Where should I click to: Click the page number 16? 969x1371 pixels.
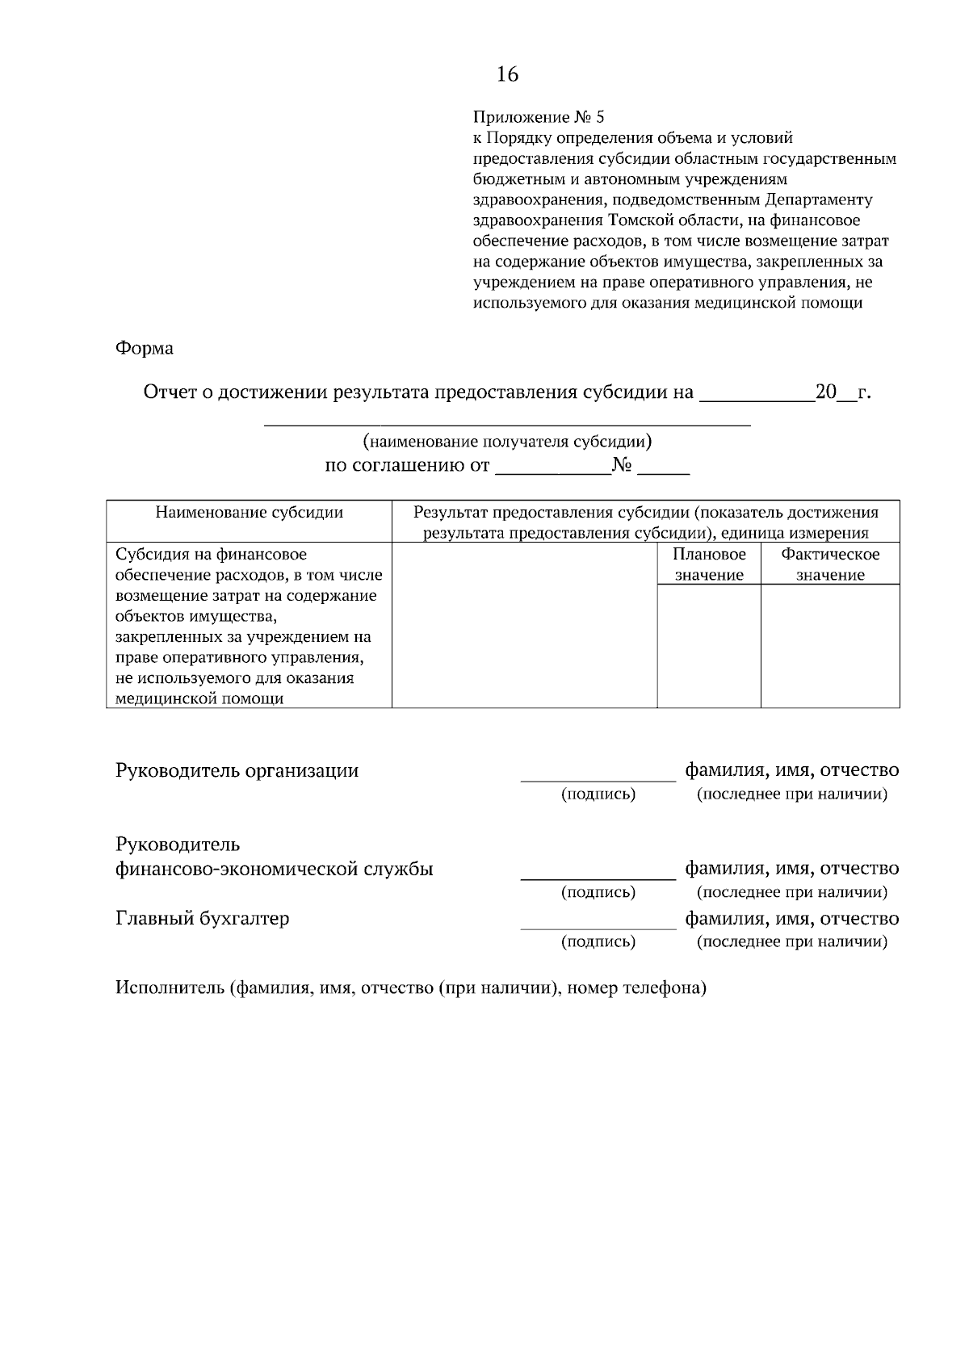click(507, 75)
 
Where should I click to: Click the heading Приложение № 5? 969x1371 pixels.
click(538, 117)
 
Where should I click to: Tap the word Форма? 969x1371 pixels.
click(145, 349)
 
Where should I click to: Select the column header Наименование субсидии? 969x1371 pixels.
click(249, 513)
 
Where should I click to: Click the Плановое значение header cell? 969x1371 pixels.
click(709, 564)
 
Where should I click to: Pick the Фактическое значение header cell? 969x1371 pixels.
click(830, 564)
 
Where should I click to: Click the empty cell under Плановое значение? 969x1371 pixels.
click(709, 646)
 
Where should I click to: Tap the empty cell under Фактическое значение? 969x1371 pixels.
click(830, 646)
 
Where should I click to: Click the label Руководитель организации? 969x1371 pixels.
click(237, 771)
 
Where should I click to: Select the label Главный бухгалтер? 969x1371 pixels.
click(203, 919)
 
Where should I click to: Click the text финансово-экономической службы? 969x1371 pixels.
click(275, 870)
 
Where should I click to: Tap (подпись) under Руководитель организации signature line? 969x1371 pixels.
click(598, 795)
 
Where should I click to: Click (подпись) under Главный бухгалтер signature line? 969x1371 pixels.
click(598, 942)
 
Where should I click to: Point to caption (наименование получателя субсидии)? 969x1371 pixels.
click(507, 442)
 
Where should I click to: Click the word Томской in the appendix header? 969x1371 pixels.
click(639, 220)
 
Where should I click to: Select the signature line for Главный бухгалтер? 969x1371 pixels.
click(598, 927)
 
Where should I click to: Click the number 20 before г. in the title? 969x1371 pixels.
click(826, 393)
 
